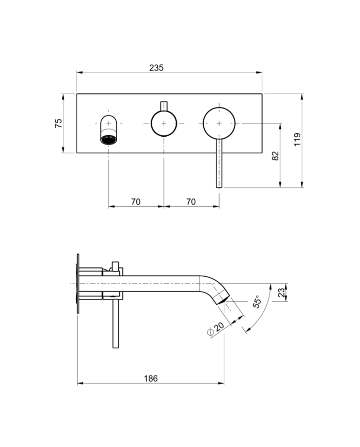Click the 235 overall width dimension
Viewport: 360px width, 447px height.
[156, 68]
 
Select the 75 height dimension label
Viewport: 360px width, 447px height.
[59, 123]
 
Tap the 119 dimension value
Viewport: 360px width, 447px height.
[298, 140]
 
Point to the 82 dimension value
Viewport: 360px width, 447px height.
[276, 155]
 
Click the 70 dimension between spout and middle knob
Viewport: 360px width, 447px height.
[135, 202]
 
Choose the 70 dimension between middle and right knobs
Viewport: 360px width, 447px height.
[191, 202]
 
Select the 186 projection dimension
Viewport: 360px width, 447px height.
[151, 379]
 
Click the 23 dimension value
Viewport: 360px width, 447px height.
[281, 293]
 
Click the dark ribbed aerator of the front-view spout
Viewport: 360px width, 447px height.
[109, 139]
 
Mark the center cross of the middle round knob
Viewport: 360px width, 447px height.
[164, 123]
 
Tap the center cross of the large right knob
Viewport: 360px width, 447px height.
[219, 123]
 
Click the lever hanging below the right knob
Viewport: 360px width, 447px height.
[219, 165]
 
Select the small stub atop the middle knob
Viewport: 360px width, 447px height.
[164, 104]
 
